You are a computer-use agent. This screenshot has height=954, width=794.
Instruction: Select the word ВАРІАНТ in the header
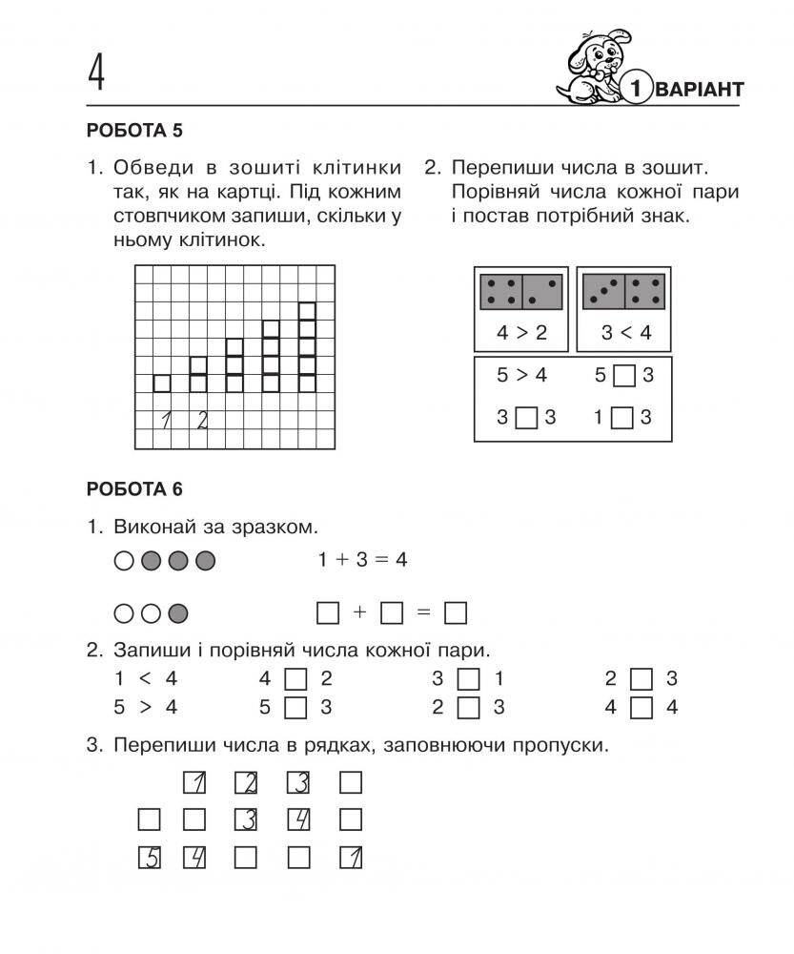point(700,90)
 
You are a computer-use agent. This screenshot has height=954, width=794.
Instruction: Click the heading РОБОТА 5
point(133,131)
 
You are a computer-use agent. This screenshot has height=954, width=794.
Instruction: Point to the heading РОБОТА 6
point(133,489)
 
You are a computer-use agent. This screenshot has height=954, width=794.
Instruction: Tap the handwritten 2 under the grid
point(201,420)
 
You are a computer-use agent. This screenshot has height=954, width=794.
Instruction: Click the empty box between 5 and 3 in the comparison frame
point(623,376)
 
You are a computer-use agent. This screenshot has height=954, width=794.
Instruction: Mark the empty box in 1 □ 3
point(623,418)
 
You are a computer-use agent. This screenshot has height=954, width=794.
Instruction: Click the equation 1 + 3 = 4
point(362,560)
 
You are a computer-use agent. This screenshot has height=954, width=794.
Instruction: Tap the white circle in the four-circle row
point(123,561)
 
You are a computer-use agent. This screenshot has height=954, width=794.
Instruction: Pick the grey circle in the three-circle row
point(177,612)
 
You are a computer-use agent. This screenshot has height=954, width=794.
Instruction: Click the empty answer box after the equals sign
point(456,612)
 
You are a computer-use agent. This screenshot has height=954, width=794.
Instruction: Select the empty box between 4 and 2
point(296,679)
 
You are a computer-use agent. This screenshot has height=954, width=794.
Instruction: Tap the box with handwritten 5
point(149,858)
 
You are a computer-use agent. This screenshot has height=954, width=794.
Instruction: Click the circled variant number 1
point(637,90)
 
